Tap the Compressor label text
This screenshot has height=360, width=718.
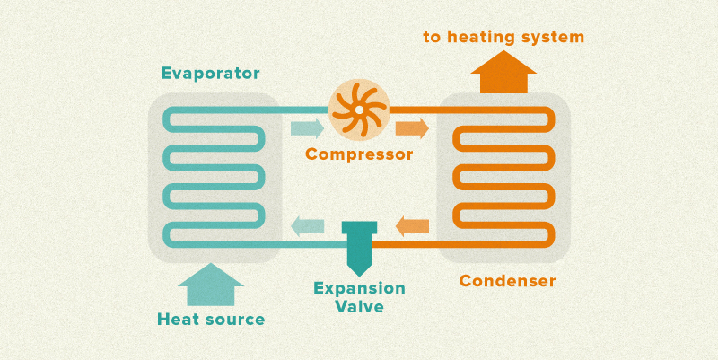click(359, 154)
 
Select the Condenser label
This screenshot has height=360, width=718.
click(507, 281)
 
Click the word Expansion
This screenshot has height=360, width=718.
click(359, 289)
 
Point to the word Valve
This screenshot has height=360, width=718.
click(359, 307)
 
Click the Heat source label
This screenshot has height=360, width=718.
click(211, 319)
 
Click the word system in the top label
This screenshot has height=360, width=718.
click(552, 37)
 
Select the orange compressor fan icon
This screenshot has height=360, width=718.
click(358, 110)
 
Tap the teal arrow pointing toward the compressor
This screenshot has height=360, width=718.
click(308, 127)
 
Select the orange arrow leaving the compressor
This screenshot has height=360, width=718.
click(412, 127)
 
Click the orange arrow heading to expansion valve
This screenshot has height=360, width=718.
click(412, 225)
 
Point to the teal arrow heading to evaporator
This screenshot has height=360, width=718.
click(308, 225)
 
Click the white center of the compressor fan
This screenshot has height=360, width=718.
click(358, 110)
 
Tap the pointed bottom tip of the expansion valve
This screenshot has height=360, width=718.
click(359, 272)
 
